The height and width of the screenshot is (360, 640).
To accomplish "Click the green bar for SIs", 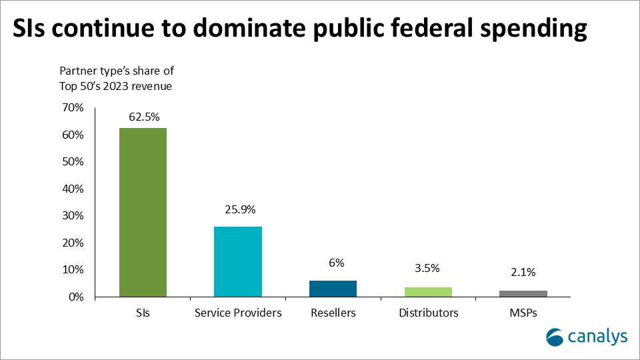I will tap(143, 212).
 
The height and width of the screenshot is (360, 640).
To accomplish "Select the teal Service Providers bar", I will tap(237, 261).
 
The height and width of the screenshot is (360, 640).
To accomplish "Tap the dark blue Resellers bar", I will tap(333, 289).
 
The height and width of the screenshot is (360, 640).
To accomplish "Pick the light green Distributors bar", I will tap(428, 292).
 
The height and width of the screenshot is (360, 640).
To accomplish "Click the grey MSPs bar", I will tap(523, 293).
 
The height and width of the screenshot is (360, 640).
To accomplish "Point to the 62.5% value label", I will tap(143, 117).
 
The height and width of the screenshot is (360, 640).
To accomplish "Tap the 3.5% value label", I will tap(428, 269).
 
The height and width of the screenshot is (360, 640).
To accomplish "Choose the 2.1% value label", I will tap(523, 272).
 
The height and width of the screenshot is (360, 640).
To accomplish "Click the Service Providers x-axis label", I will tap(238, 313).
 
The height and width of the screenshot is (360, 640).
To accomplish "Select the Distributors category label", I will tap(428, 313).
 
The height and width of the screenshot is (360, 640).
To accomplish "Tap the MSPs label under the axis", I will tap(523, 313).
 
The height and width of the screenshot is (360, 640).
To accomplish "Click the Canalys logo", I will tap(587, 337).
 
